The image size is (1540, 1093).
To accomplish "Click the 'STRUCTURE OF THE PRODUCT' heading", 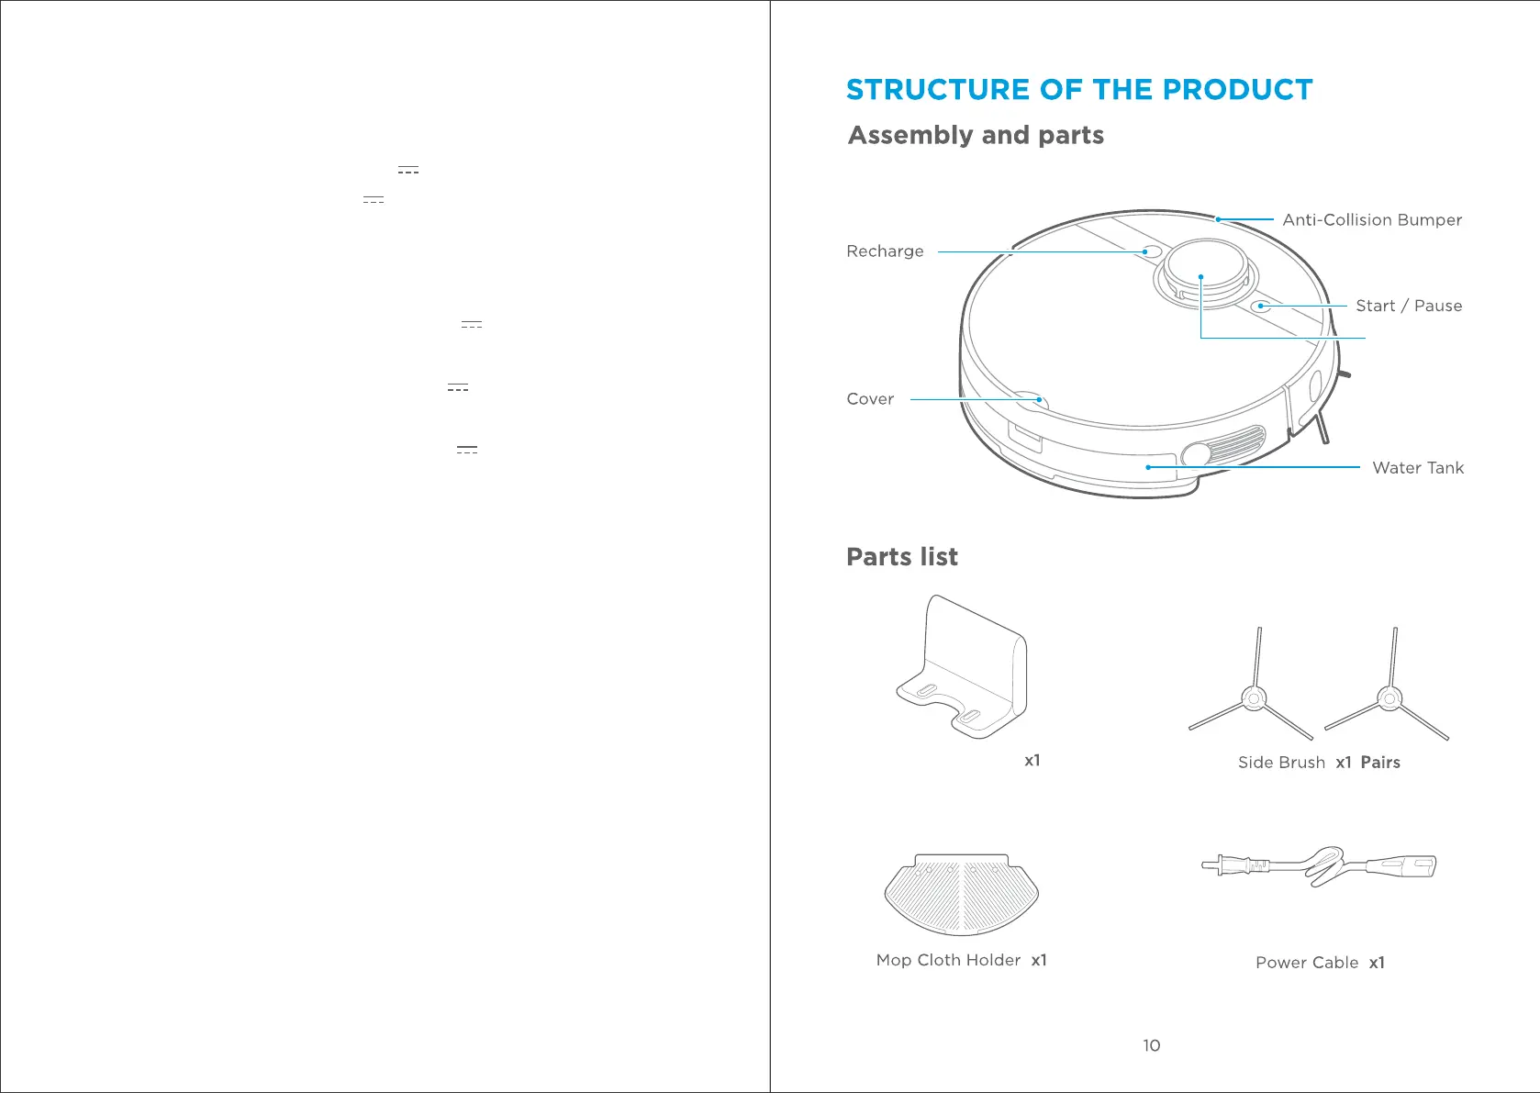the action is point(1078,90).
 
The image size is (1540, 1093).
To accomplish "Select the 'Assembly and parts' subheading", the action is point(976,136).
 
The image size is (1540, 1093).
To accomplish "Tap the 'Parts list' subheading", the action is point(901,557).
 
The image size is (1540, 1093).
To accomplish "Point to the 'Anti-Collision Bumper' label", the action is point(1371,220).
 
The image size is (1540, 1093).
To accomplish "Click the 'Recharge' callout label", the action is point(885,251).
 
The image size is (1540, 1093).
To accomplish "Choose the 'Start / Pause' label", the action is point(1408,307).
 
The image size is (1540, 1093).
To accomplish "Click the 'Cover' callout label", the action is point(869,399).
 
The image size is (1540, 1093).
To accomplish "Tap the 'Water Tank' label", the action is point(1417,468).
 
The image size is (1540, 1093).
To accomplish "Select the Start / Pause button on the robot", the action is point(1263,306).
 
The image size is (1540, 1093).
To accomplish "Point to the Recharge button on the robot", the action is point(1151,251).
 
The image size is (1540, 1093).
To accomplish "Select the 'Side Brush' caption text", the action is point(1281,763).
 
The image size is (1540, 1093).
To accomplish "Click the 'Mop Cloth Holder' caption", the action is point(948,960).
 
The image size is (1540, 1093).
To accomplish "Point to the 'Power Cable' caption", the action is point(1306,963).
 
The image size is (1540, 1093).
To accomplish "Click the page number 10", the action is point(1151,1045).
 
